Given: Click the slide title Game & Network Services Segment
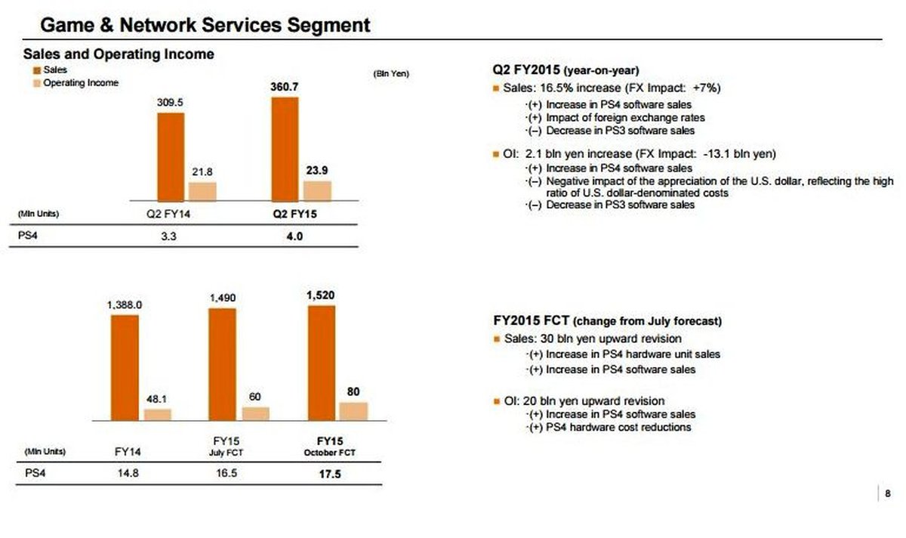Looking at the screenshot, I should [x=205, y=25].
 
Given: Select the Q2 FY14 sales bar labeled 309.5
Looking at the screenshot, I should [x=171, y=156].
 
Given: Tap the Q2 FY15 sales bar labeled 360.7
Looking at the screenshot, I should [x=285, y=148].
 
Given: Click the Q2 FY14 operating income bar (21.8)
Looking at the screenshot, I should [x=202, y=190].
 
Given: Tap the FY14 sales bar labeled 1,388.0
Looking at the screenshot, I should [x=125, y=366].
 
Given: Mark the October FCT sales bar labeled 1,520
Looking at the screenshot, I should [x=322, y=362].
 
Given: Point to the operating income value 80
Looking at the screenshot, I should [x=353, y=391].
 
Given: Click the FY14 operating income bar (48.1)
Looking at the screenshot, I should [x=157, y=414].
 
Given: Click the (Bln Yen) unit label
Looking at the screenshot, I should [x=391, y=73].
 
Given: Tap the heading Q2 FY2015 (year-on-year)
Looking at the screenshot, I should [x=565, y=70].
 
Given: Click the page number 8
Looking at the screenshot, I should [x=887, y=494].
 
